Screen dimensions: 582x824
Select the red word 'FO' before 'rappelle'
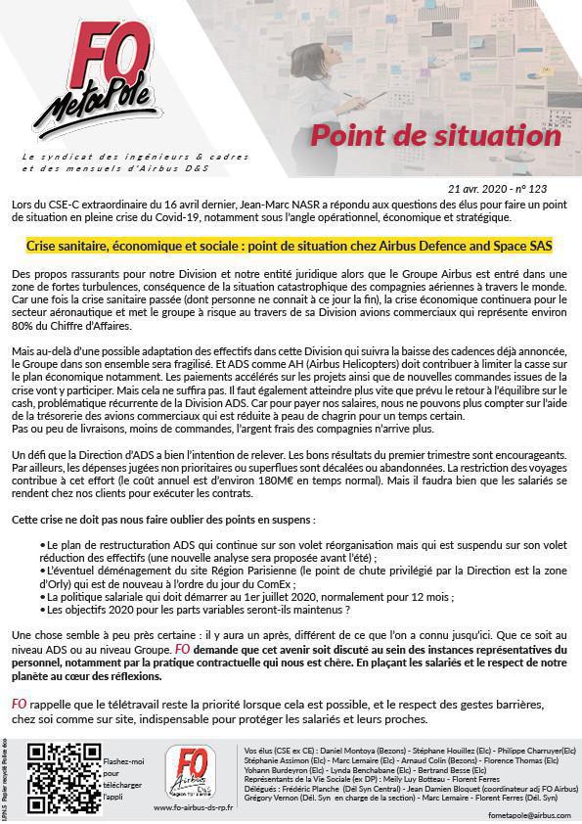20,705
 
